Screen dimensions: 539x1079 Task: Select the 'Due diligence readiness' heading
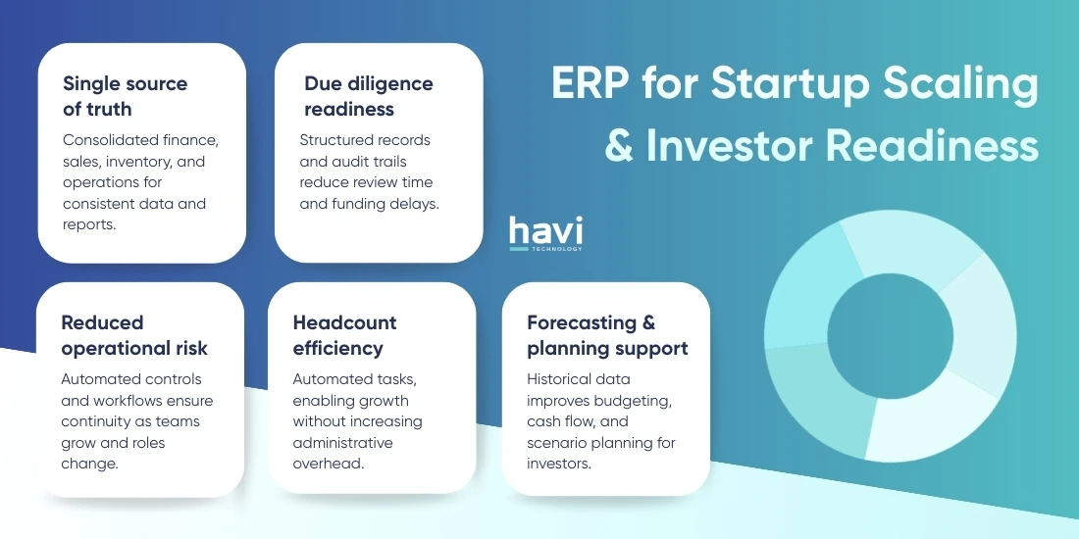[x=368, y=95]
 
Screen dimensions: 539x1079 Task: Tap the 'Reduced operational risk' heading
[x=134, y=335]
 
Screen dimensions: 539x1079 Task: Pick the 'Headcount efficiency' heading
[x=344, y=335]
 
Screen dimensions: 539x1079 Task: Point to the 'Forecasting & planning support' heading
[x=606, y=335]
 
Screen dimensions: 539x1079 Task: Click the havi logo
[x=545, y=231]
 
